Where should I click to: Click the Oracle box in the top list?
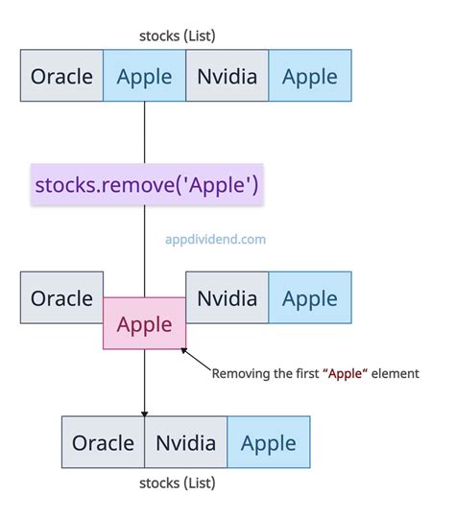[x=61, y=76]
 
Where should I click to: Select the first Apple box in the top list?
[x=144, y=76]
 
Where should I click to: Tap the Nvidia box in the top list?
[x=227, y=76]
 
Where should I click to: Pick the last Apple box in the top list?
[x=310, y=76]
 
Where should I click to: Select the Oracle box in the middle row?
[x=61, y=298]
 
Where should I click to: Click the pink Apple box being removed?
[x=144, y=324]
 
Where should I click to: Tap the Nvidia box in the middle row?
[x=227, y=298]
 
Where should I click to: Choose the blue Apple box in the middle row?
[x=310, y=298]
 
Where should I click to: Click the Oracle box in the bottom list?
[x=103, y=442]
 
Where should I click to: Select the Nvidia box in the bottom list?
[x=186, y=442]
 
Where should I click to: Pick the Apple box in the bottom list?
[x=269, y=442]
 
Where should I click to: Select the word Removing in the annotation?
[x=239, y=374]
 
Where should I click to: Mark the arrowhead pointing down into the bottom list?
[x=144, y=411]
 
